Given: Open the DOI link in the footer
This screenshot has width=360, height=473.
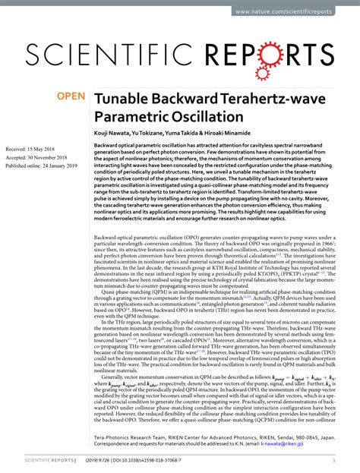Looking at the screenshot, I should tap(160, 461).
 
